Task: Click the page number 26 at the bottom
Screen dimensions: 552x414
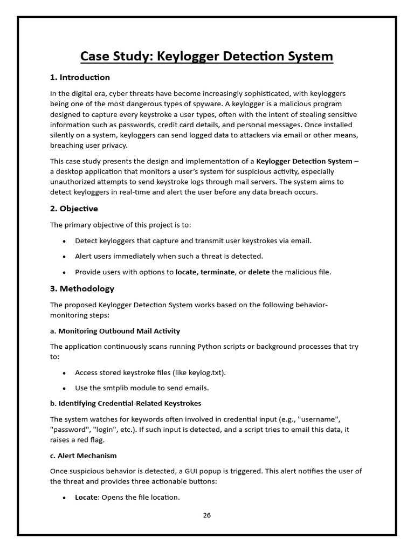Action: (x=207, y=515)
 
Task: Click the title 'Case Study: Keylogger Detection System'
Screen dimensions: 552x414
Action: (x=207, y=56)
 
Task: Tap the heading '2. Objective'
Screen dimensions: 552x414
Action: (x=74, y=209)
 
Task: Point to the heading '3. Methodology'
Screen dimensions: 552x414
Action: (x=82, y=288)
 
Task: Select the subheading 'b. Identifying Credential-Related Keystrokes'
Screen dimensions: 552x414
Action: (x=126, y=403)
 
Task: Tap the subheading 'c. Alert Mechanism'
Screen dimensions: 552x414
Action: (x=83, y=456)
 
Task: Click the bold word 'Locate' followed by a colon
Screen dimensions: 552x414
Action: (x=86, y=497)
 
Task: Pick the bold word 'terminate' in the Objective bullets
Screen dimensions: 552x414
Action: (x=218, y=272)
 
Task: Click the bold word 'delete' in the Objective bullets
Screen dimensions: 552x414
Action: (x=259, y=272)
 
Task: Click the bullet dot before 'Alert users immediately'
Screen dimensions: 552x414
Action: (x=65, y=257)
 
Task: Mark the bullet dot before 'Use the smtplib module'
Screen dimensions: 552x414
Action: (x=65, y=388)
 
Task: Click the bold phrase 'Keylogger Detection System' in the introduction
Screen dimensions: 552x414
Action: (x=304, y=161)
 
